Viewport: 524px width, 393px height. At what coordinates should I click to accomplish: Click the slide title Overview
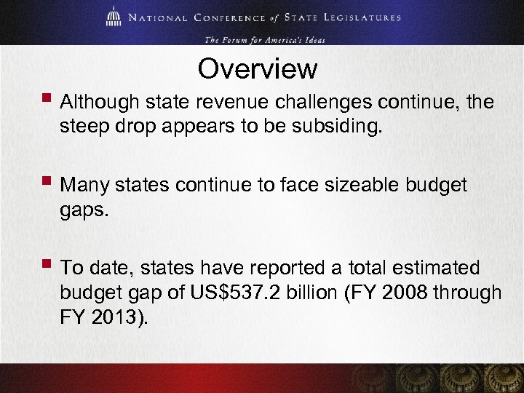[x=258, y=69]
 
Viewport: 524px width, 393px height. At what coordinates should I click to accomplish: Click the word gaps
[x=86, y=212]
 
